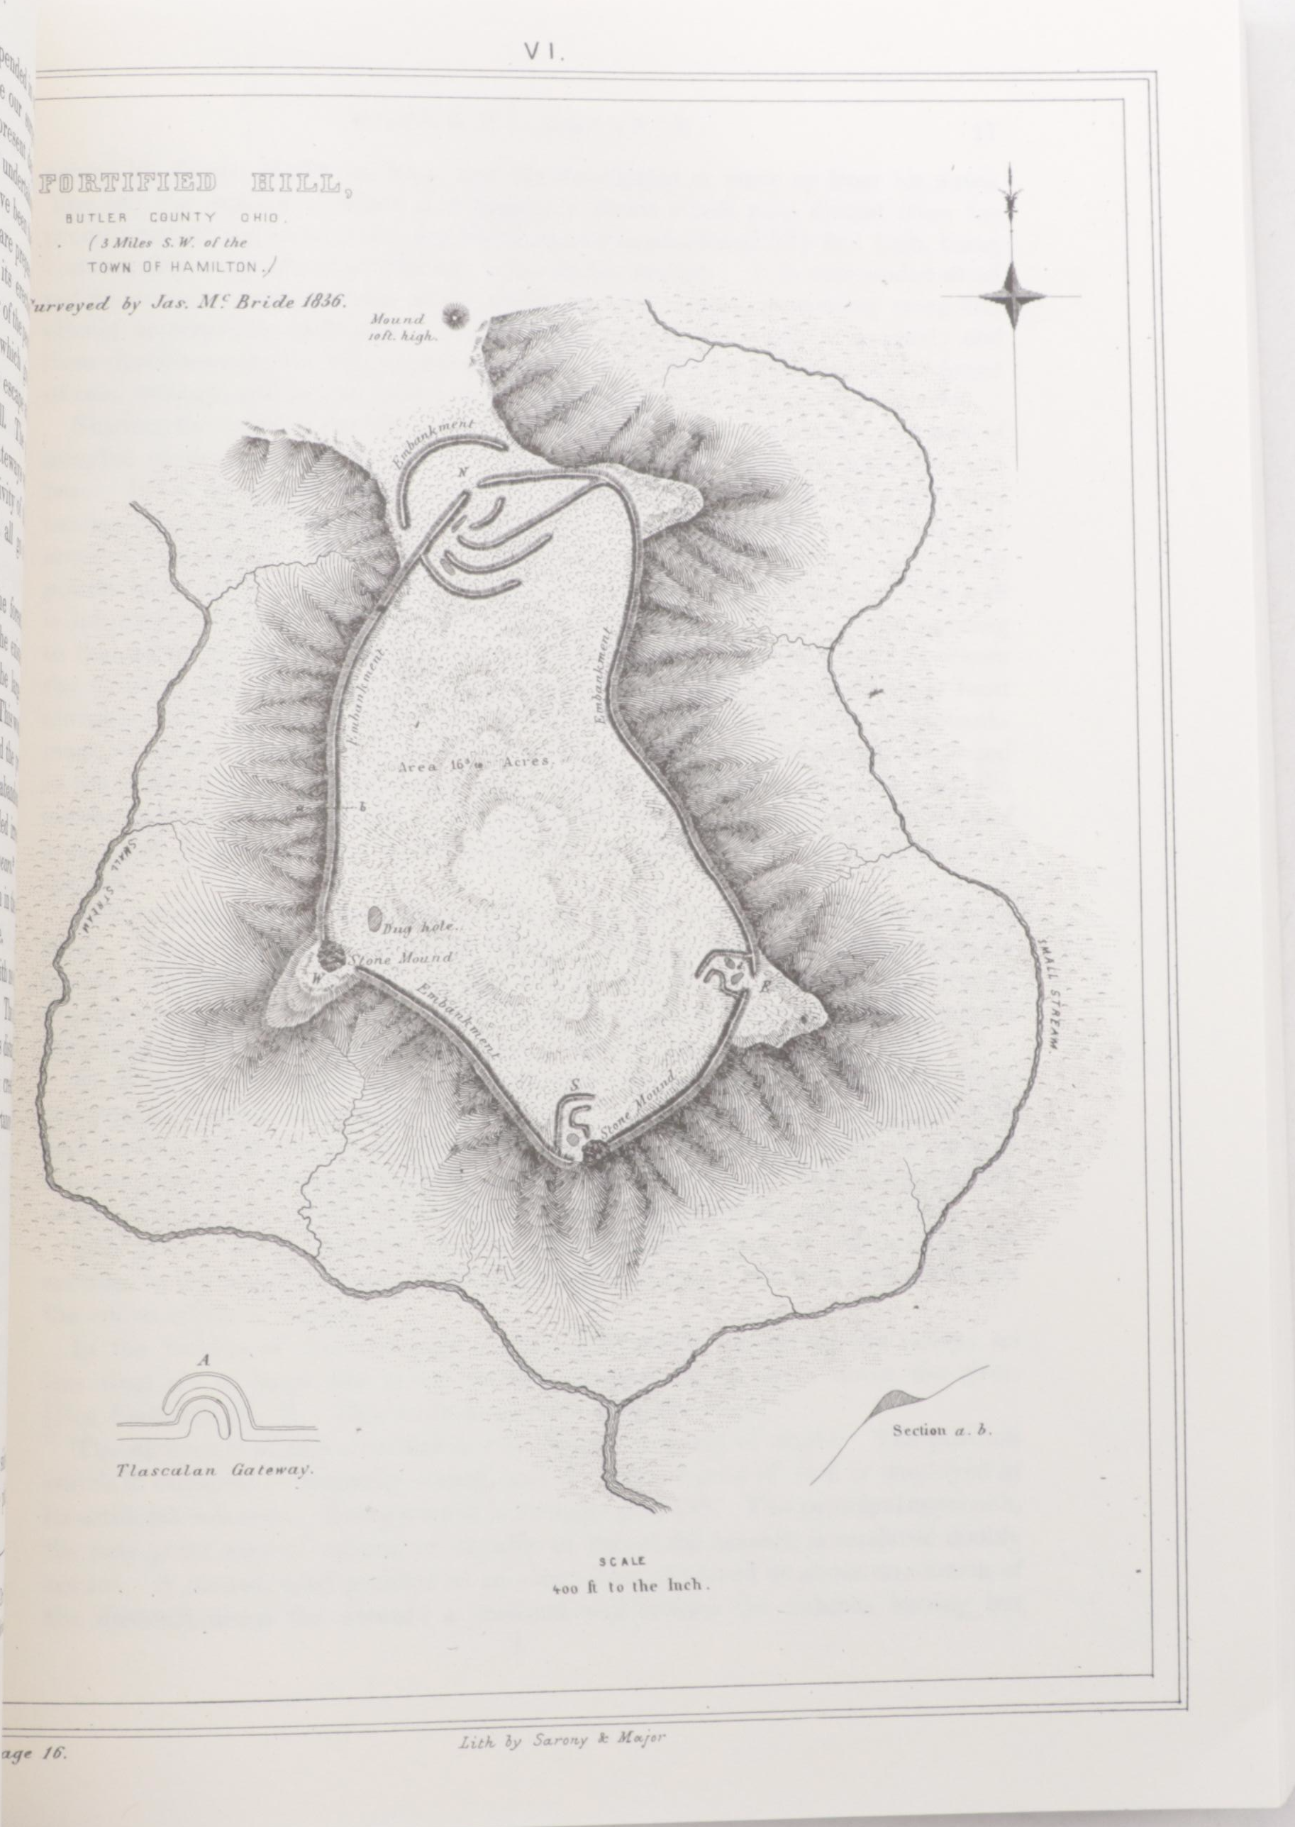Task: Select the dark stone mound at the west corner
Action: coord(329,955)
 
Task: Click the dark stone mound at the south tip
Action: coord(591,1152)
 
